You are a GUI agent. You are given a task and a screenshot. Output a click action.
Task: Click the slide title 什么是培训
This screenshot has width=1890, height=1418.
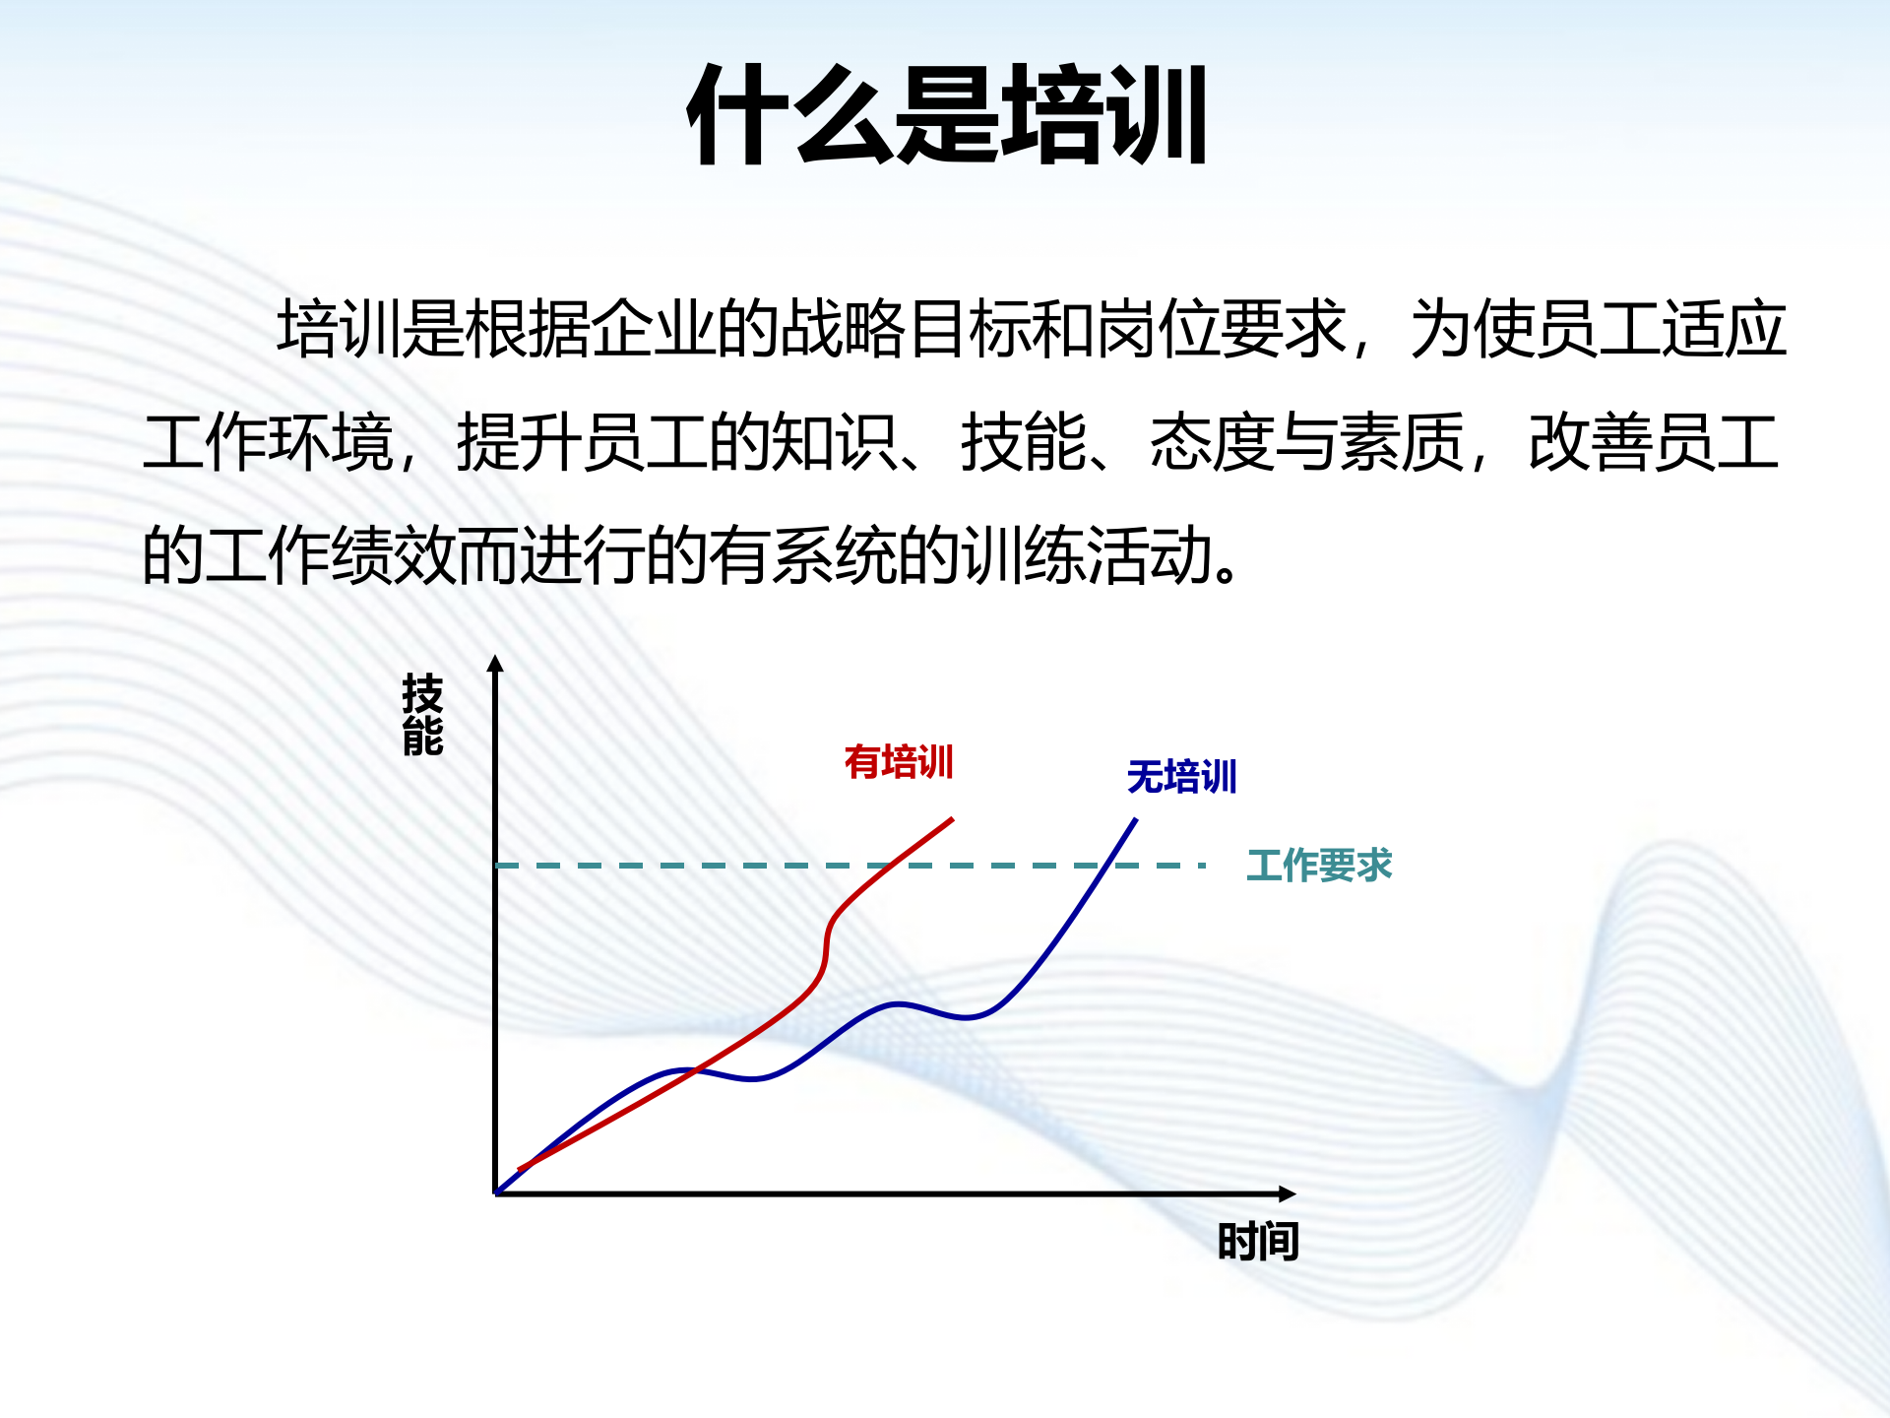[x=947, y=115]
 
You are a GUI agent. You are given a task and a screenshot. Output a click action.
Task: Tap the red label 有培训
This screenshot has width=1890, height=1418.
[x=899, y=762]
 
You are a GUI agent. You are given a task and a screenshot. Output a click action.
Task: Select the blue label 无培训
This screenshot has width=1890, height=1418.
[x=1181, y=777]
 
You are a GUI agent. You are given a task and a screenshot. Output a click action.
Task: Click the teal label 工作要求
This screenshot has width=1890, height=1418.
[x=1319, y=866]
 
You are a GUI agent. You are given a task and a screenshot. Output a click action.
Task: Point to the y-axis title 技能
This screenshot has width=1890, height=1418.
[x=422, y=715]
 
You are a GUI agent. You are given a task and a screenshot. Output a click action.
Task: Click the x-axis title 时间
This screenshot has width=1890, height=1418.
[x=1258, y=1242]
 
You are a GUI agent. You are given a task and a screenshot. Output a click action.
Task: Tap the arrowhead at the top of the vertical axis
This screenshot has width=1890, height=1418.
[x=496, y=664]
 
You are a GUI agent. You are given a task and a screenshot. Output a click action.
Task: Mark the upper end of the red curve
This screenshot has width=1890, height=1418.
[x=952, y=819]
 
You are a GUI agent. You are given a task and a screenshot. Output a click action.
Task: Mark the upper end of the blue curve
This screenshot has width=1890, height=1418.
[x=1135, y=820]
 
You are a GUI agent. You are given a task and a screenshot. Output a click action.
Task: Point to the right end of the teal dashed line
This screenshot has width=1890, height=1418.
[x=1203, y=866]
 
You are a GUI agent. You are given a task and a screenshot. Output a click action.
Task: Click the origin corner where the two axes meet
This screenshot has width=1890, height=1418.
[x=496, y=1193]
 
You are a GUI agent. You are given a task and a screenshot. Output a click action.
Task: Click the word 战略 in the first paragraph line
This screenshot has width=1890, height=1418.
[x=843, y=329]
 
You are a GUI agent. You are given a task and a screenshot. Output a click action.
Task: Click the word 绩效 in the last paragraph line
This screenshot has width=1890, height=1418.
[x=394, y=555]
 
